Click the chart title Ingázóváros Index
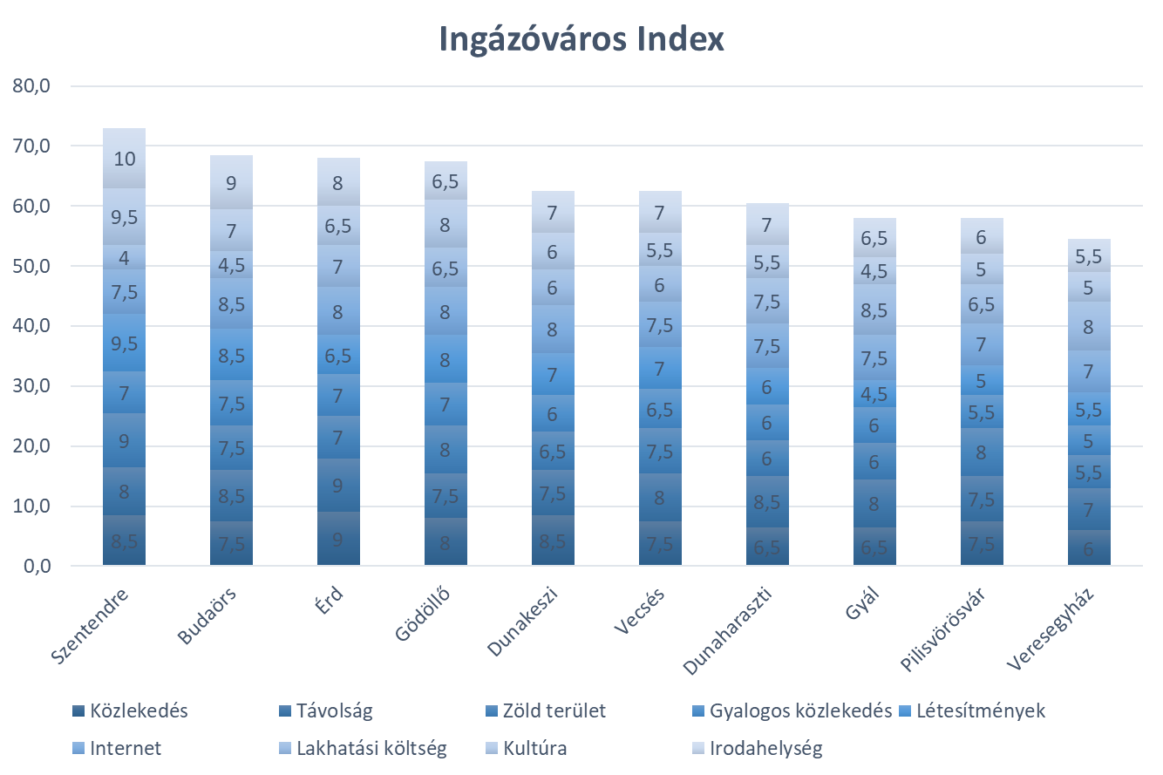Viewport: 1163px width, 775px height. tap(581, 40)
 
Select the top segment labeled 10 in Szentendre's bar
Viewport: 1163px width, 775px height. tap(124, 159)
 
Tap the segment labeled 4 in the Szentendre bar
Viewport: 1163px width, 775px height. tap(124, 258)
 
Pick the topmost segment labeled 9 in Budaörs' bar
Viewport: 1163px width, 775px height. tap(231, 183)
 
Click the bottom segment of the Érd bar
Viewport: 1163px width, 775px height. tap(338, 539)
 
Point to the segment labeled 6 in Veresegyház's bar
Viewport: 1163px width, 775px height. tap(1089, 549)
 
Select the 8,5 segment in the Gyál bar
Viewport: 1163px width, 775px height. tap(874, 310)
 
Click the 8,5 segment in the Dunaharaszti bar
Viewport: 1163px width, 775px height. tap(767, 502)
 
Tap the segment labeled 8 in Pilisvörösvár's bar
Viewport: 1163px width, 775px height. tap(982, 452)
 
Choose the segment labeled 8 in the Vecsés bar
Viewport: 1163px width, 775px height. tap(660, 498)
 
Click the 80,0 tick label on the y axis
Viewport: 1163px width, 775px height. tap(33, 86)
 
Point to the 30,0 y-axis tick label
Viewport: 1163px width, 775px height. tap(33, 386)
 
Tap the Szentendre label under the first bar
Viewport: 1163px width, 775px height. tap(91, 628)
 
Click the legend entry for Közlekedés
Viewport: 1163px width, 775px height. tap(138, 710)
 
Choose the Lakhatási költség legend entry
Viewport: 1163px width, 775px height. tap(371, 748)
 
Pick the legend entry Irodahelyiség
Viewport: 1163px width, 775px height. tap(765, 748)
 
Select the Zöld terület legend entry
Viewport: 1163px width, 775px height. tap(553, 710)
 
